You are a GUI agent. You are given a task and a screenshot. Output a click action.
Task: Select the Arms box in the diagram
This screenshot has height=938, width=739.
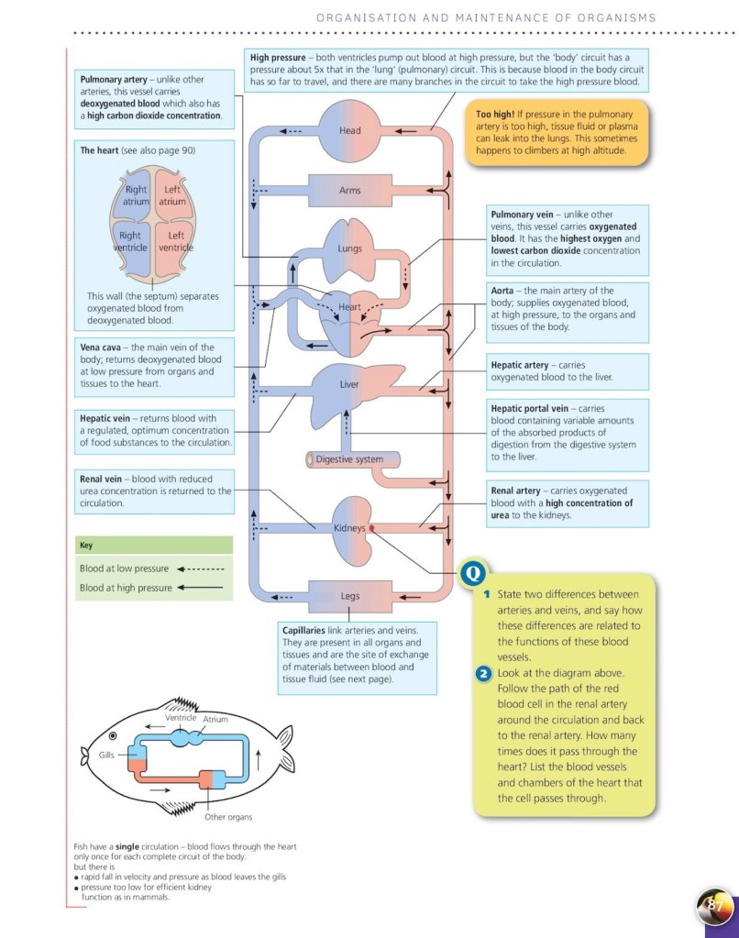(x=350, y=191)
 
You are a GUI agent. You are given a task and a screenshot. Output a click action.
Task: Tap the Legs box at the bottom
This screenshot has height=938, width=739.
(x=350, y=596)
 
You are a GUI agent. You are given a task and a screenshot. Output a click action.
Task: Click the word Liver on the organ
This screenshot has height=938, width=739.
(x=349, y=384)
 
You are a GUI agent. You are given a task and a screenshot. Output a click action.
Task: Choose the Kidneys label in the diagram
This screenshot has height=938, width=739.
(x=349, y=528)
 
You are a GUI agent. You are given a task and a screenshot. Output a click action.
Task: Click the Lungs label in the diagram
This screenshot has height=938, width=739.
(x=349, y=248)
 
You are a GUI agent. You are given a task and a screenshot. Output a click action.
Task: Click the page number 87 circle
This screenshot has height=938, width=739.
(x=716, y=906)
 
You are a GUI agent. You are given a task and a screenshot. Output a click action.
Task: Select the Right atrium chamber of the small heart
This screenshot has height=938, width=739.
(x=137, y=196)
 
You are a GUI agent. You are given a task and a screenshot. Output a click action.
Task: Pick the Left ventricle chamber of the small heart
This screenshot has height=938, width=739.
(x=176, y=242)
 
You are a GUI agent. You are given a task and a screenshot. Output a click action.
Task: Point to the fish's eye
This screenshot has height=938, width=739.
(x=113, y=735)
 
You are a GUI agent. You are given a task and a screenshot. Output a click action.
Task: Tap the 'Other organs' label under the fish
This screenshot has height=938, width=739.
(x=228, y=816)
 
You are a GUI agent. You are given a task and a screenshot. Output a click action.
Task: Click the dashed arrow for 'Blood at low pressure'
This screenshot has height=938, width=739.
(x=200, y=568)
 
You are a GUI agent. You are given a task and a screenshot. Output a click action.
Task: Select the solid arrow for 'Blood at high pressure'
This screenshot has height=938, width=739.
(x=200, y=588)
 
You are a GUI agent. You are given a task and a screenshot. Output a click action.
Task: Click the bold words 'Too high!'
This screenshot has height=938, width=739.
(x=495, y=114)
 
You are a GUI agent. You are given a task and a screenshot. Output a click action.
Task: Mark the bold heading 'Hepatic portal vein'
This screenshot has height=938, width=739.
(x=530, y=408)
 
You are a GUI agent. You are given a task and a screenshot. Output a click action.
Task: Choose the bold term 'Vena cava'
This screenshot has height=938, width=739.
(x=104, y=348)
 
